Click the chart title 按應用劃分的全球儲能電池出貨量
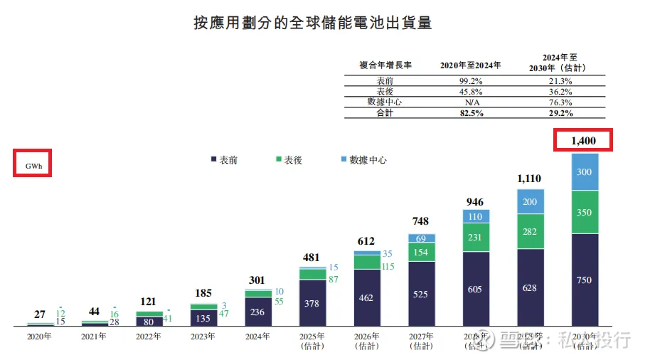pos(313,23)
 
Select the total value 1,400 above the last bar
pos(583,142)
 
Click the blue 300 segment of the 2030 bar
pos(584,172)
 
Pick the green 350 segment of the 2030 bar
pos(584,212)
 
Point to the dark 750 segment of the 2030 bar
pos(584,280)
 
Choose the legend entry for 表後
pos(288,160)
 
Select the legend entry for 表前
pos(224,160)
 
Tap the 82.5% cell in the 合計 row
pos(471,113)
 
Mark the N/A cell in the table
pos(471,102)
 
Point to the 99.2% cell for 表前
pos(471,81)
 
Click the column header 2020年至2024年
pos(471,65)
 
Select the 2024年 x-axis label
pos(257,337)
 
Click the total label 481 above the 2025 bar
pos(311,258)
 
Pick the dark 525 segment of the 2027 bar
pos(421,294)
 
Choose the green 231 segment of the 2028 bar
pos(476,238)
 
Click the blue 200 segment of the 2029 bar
pos(531,202)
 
